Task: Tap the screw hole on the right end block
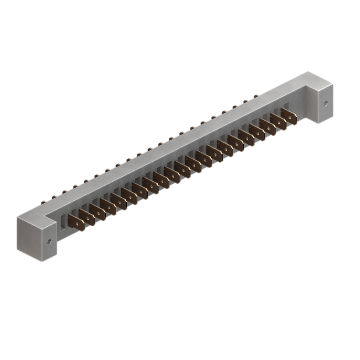pyautogui.click(x=325, y=103)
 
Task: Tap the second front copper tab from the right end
pyautogui.click(x=278, y=122)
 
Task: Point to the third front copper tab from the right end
pyautogui.click(x=268, y=127)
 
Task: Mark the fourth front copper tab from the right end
pyautogui.click(x=257, y=132)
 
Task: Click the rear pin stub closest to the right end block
pyautogui.click(x=256, y=96)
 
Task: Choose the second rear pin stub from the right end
pyautogui.click(x=245, y=101)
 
